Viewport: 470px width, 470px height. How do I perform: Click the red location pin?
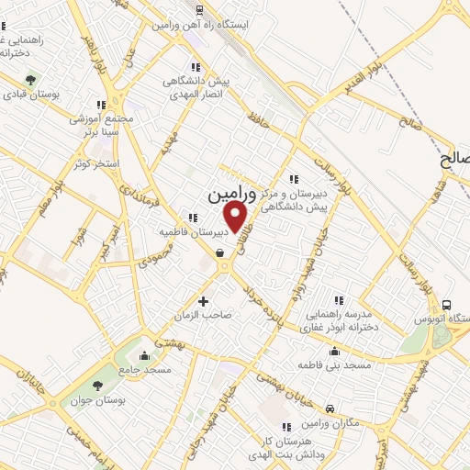[x=236, y=216]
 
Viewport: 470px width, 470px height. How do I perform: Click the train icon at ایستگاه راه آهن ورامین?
[x=199, y=9]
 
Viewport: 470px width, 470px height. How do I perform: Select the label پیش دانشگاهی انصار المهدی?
[x=195, y=88]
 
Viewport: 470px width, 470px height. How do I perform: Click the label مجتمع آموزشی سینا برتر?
[x=100, y=125]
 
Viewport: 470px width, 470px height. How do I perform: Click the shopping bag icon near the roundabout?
[x=219, y=254]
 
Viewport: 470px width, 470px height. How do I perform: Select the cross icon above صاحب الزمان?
[x=203, y=300]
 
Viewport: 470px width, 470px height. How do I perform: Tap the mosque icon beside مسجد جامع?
[x=143, y=354]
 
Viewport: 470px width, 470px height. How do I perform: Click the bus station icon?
[x=446, y=305]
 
